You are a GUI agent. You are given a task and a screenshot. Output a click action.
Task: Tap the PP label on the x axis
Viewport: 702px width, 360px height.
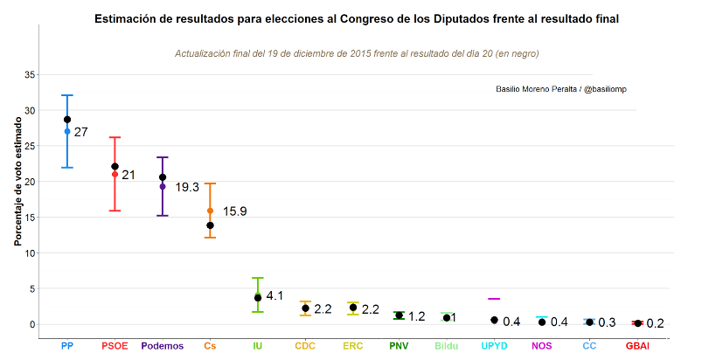(67, 346)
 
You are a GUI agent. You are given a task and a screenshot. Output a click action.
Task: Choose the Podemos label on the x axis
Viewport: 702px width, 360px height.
(163, 346)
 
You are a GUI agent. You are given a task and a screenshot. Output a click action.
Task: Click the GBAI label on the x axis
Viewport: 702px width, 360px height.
(637, 346)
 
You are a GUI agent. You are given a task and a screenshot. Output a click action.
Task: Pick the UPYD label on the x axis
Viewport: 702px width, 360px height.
(494, 346)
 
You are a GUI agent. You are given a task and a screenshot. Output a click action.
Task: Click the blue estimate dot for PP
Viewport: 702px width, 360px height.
(67, 132)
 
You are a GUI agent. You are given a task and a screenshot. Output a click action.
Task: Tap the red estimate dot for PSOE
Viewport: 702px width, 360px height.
(115, 175)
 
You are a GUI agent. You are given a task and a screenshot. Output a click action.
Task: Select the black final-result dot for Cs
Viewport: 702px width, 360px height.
(210, 225)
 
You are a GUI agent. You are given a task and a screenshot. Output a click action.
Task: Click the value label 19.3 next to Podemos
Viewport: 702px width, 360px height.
(187, 187)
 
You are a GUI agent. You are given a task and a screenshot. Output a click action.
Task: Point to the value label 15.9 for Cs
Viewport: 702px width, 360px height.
(235, 211)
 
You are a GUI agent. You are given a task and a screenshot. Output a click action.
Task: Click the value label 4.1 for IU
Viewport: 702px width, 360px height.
(275, 296)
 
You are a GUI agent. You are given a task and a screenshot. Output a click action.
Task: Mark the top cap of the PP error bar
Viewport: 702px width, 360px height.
(67, 95)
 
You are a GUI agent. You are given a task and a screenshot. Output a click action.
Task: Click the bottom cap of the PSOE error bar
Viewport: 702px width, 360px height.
(115, 211)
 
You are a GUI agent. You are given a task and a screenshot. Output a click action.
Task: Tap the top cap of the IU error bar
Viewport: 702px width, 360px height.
(258, 278)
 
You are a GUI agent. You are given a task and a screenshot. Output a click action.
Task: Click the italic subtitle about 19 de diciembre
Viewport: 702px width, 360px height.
(357, 54)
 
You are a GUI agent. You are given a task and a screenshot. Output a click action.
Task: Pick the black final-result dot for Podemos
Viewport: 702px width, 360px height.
(163, 177)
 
